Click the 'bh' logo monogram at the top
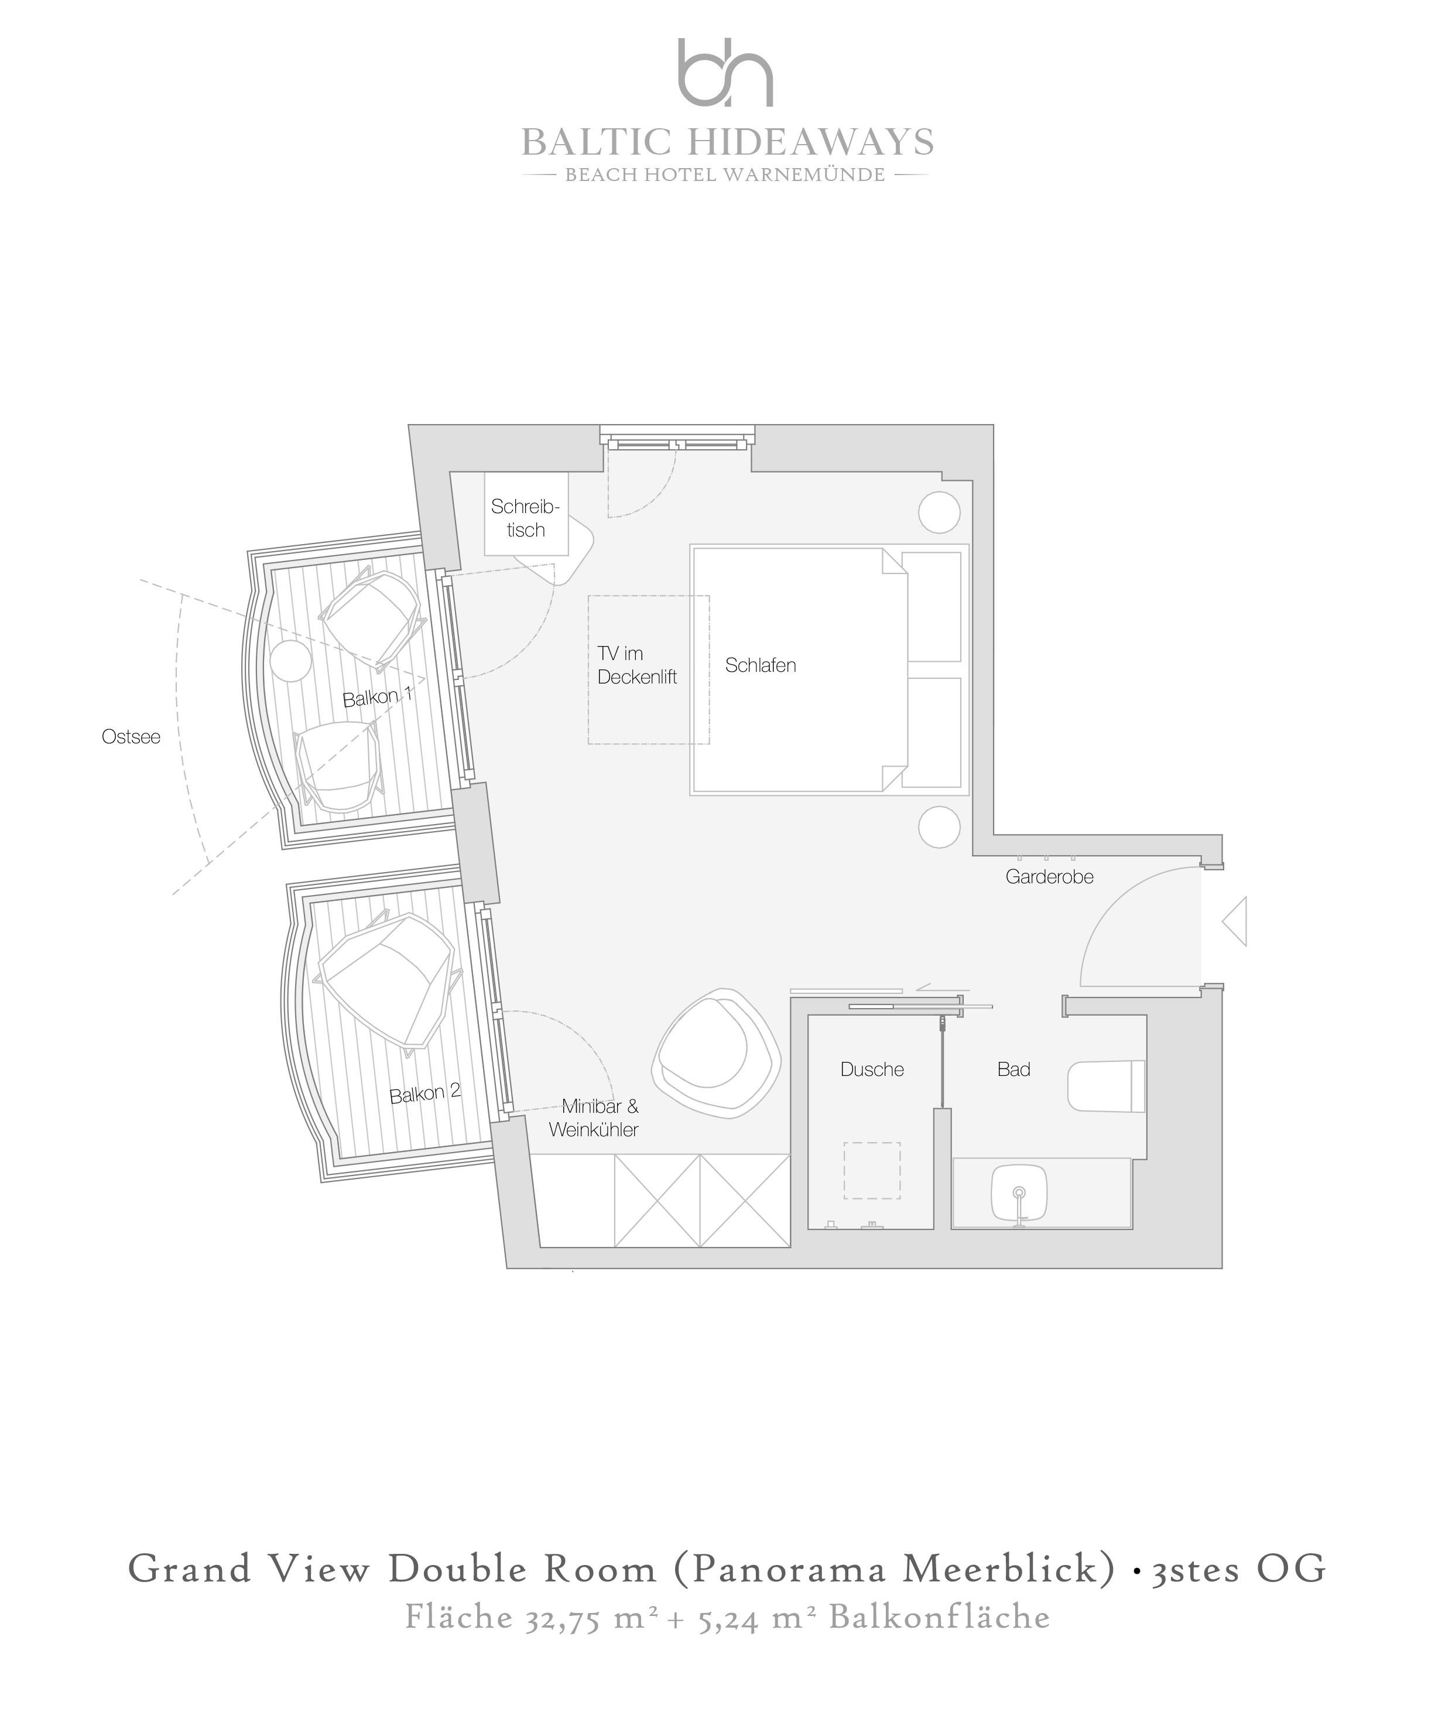pos(725,73)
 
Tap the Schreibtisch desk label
pos(525,518)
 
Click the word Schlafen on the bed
pos(761,665)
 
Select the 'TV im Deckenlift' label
pos(637,665)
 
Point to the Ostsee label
pos(131,737)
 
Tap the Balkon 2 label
pos(424,1094)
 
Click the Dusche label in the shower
pos(872,1069)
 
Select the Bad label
pos(1013,1069)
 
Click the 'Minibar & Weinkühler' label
pos(594,1118)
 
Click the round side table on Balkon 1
pos(290,660)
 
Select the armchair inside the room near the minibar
pos(716,1053)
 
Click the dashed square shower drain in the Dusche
pos(872,1171)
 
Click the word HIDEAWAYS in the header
pos(810,142)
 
